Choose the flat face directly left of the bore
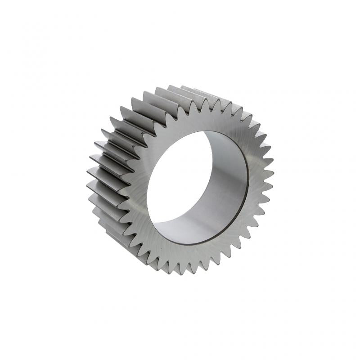tap(137, 189)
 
